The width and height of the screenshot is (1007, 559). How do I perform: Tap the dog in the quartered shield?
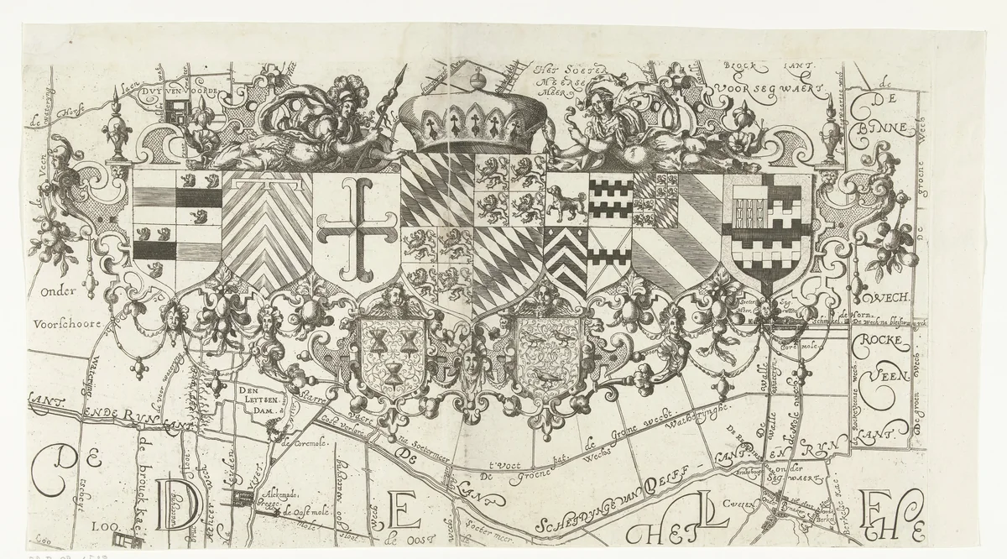click(x=565, y=201)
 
